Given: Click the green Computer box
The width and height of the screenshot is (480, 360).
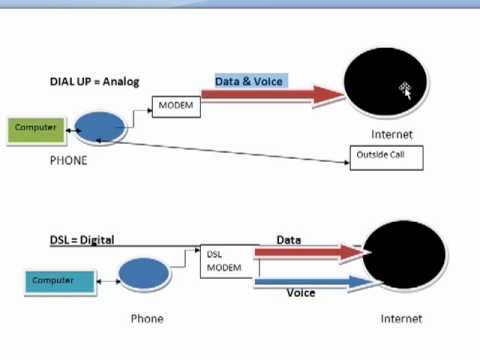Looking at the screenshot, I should tap(35, 129).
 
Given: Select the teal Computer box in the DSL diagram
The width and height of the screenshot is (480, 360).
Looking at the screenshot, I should tap(59, 281).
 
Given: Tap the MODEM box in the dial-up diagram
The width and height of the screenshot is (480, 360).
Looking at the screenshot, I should tap(175, 105).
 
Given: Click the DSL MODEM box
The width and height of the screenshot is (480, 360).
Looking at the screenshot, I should tap(226, 261).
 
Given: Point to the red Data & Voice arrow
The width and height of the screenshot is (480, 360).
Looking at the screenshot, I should tap(270, 96).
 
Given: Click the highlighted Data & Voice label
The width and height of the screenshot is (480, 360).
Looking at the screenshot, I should tap(250, 81).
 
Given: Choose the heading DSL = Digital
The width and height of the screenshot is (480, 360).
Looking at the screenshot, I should tap(82, 240).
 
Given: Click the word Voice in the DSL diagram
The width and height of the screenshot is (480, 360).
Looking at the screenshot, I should tap(301, 294).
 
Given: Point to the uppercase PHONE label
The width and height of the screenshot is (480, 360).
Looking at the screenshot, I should tap(68, 160).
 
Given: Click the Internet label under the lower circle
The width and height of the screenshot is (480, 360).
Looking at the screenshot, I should tap(401, 319).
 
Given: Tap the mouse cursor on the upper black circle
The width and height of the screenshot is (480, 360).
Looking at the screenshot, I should tap(406, 90).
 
